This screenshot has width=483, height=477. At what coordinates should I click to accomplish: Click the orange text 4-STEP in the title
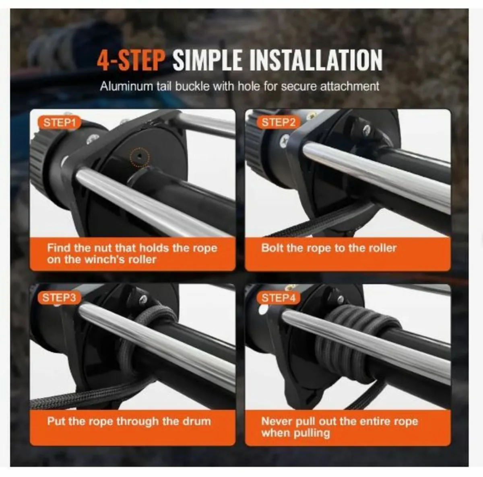pos(131,60)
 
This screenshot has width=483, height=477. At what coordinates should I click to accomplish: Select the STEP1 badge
pos(60,123)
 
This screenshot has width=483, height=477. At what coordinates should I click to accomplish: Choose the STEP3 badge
pos(59,298)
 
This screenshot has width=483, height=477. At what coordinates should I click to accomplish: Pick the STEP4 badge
pos(279,298)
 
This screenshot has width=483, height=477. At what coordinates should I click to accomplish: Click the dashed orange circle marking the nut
pos(139,155)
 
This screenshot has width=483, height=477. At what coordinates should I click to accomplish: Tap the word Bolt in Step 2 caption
pos(272,248)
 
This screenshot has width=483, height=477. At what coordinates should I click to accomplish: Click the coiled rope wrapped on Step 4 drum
pos(354,346)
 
